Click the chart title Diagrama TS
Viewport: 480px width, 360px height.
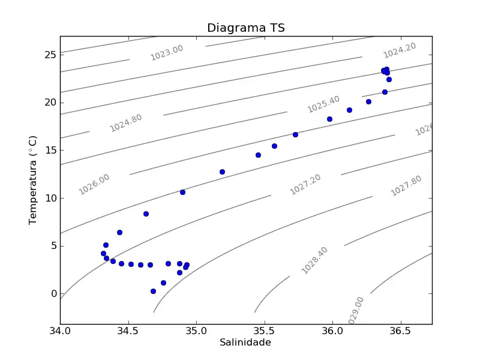245,28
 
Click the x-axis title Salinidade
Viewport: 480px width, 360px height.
245,343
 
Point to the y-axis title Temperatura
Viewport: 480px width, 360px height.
33,180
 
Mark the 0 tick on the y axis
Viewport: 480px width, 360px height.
53,293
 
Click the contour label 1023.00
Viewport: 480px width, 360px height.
167,52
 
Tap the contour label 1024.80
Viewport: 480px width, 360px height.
126,122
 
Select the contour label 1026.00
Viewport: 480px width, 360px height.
94,184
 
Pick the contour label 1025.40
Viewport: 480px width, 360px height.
323,104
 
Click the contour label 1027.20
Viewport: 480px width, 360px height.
305,184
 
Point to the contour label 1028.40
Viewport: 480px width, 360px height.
315,260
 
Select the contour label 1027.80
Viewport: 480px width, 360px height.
406,186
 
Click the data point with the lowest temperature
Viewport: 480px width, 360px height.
153,291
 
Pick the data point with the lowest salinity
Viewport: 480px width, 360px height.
103,253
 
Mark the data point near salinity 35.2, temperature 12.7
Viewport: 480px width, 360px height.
222,172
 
